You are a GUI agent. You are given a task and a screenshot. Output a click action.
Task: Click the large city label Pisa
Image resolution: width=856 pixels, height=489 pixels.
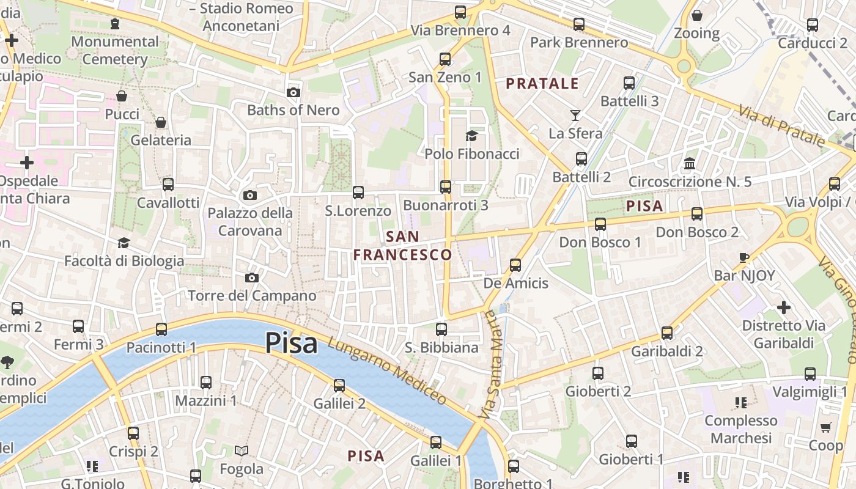[291, 343]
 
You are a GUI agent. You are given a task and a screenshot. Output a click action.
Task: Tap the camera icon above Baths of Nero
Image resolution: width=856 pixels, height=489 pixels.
[293, 93]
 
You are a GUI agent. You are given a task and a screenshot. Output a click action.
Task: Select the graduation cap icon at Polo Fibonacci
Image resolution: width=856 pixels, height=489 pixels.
[471, 136]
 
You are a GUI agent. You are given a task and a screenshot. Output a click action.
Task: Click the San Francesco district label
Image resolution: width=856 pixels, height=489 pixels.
[403, 246]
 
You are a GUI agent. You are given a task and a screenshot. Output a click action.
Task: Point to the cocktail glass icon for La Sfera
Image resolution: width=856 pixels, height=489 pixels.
[575, 115]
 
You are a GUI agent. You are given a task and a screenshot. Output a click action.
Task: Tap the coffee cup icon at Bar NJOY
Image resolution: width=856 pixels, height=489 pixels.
[744, 257]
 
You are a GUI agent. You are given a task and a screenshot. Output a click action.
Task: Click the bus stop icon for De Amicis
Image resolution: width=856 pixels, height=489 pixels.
[515, 265]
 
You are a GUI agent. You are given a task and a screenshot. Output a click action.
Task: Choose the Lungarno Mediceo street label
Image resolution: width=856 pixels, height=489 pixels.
[387, 370]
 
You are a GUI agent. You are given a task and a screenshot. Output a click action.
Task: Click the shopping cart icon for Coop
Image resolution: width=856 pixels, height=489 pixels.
[826, 427]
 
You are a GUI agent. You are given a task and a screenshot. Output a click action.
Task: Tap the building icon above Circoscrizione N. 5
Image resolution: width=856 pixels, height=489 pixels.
[690, 163]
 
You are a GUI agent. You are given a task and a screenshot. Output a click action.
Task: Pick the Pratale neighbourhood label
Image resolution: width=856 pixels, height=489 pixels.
[542, 84]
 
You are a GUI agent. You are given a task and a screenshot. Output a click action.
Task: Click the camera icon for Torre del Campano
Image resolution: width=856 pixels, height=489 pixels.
[251, 278]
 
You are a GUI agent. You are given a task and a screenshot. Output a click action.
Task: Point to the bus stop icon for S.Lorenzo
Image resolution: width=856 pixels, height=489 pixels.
[358, 193]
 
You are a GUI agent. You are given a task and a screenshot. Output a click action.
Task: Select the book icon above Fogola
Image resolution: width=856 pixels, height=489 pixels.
[242, 451]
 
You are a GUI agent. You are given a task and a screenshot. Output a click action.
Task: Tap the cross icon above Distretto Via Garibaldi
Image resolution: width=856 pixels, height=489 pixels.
[783, 307]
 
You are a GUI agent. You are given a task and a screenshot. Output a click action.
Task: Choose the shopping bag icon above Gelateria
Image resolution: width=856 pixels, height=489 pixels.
[161, 122]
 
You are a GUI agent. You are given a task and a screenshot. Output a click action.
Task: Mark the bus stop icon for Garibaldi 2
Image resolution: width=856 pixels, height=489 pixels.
[667, 333]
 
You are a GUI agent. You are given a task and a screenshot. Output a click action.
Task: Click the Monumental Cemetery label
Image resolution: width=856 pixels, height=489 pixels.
[115, 50]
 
